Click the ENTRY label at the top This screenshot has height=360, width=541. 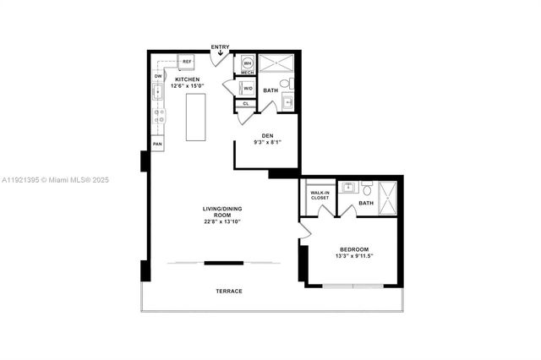(x=220, y=47)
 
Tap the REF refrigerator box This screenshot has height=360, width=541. (x=187, y=62)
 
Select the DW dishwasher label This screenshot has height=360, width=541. (x=157, y=77)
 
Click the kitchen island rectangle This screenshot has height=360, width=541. (x=196, y=117)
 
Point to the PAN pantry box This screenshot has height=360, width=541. (x=157, y=145)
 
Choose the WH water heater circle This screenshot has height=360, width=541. (x=248, y=63)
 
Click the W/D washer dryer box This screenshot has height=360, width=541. (x=248, y=87)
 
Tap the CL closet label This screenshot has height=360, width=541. (x=245, y=104)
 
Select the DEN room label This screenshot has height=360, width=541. (x=267, y=135)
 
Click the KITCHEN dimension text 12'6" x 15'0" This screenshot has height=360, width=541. (x=188, y=85)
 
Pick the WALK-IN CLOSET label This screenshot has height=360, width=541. (x=320, y=195)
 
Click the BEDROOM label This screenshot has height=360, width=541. (x=353, y=249)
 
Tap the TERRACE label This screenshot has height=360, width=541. (x=228, y=291)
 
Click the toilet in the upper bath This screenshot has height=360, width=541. (x=286, y=84)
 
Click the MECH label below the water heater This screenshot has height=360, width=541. (x=248, y=73)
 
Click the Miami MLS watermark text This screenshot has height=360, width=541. (x=55, y=179)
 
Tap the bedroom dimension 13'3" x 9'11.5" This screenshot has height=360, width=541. (x=356, y=256)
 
